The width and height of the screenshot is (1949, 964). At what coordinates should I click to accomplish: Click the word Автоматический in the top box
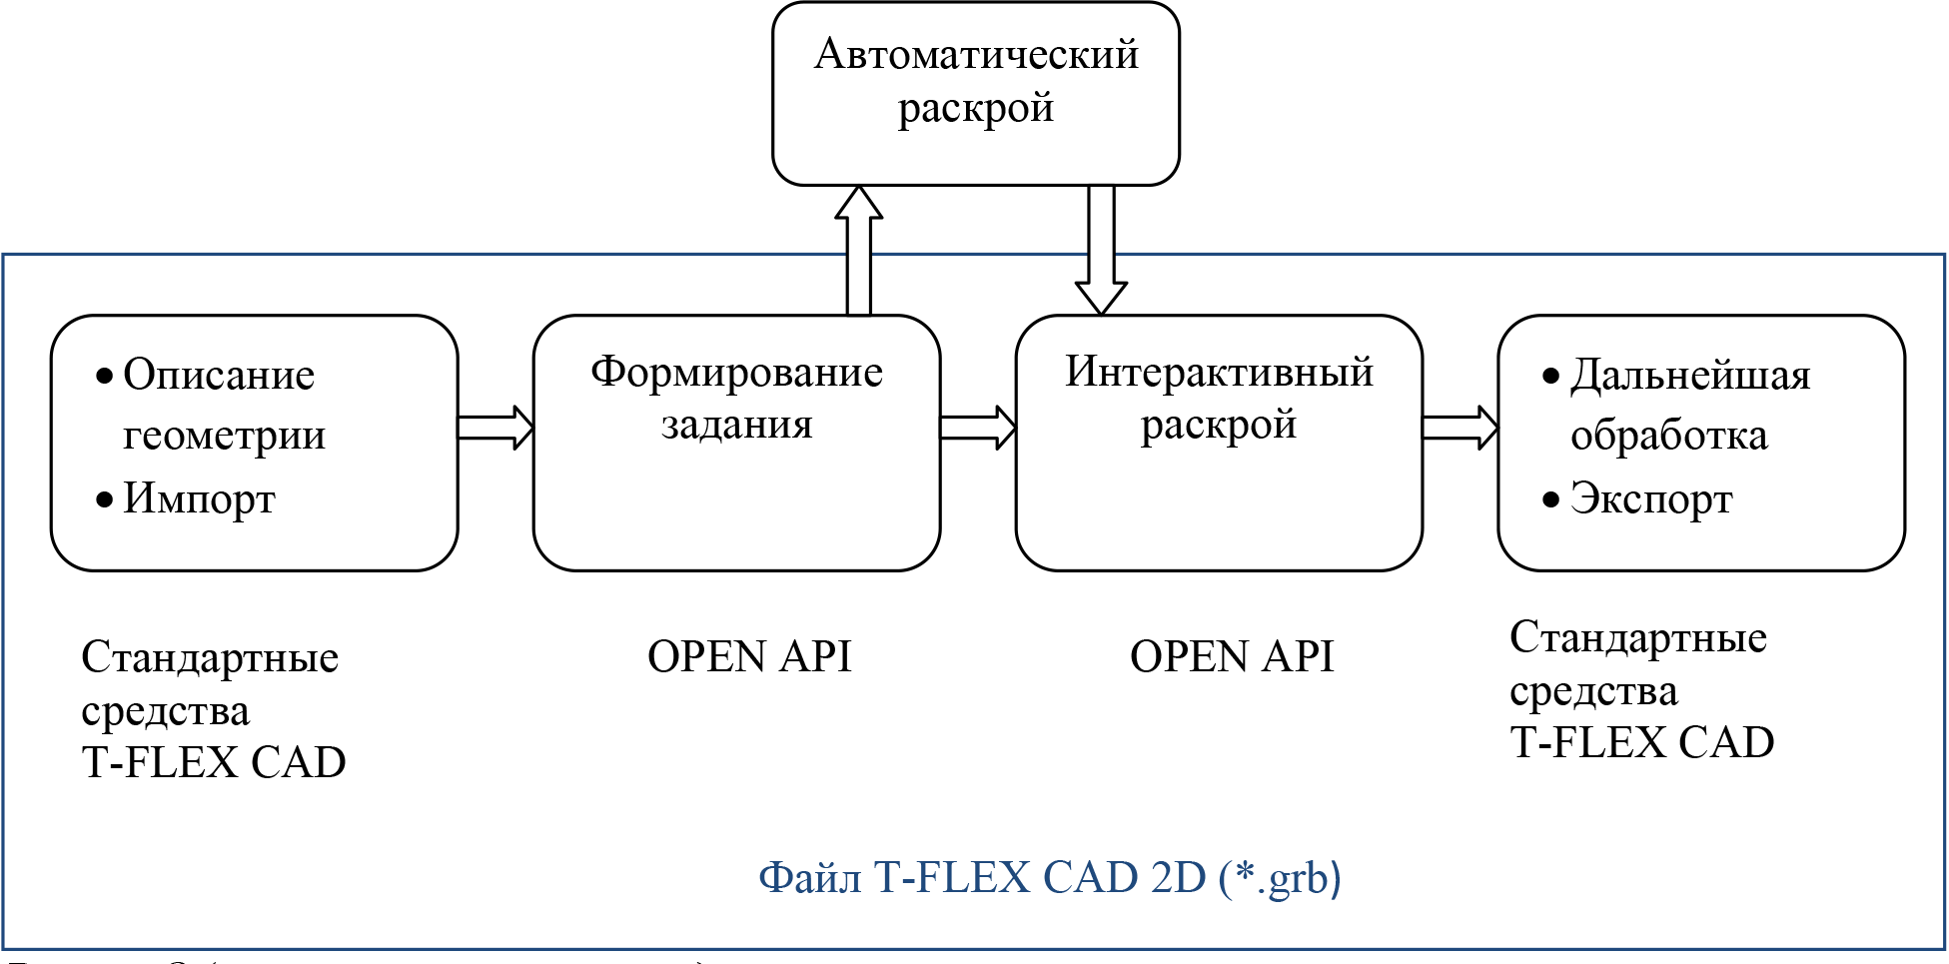point(976,55)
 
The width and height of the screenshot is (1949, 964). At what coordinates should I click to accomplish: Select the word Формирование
point(736,373)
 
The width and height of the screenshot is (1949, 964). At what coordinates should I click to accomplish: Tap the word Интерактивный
point(1219,373)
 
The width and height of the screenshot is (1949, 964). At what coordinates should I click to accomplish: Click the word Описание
point(219,376)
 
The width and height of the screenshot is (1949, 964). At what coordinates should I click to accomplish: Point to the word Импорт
point(199,498)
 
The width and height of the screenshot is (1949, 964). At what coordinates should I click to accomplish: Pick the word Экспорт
point(1650,498)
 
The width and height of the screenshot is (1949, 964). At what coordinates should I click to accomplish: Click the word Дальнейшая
point(1689,376)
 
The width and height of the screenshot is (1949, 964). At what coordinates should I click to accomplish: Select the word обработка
point(1668,436)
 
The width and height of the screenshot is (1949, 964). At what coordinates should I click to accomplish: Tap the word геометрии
point(224,436)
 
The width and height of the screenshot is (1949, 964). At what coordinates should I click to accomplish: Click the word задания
point(736,426)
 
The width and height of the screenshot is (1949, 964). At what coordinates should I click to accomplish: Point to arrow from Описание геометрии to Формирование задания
point(495,428)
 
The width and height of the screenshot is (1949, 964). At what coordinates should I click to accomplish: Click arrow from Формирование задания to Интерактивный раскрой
point(978,428)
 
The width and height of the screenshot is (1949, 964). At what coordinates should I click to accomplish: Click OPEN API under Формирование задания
point(749,657)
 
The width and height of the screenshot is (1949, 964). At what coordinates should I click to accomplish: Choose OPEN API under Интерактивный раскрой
point(1232,657)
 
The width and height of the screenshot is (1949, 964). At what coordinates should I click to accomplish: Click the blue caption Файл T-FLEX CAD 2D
point(1049,878)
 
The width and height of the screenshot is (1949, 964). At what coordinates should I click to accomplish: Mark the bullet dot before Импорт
point(104,499)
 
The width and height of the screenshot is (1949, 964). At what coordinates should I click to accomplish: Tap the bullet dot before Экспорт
point(1550,499)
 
